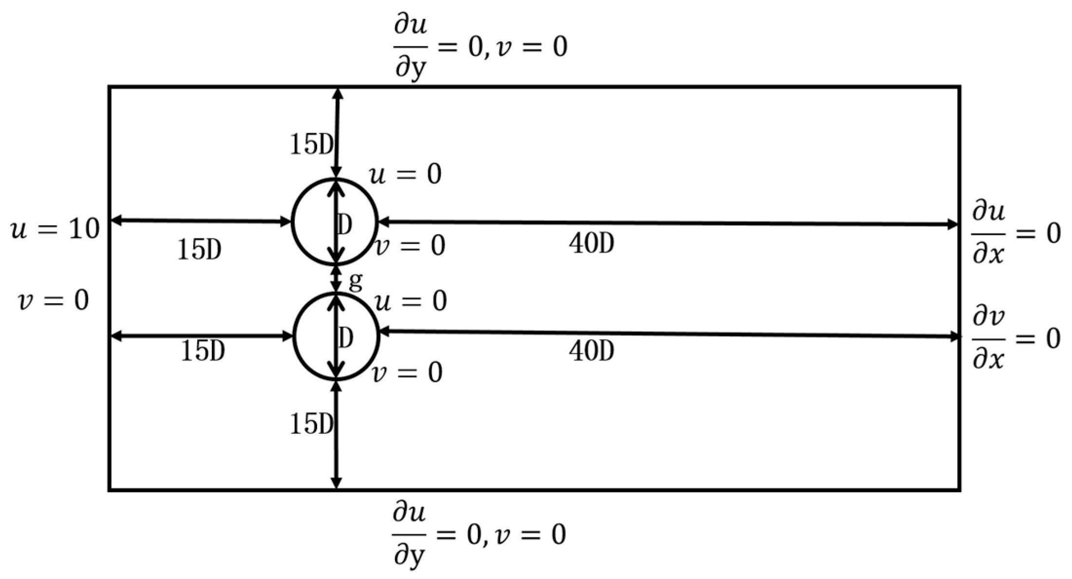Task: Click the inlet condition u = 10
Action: tap(55, 228)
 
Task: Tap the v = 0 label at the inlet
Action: tap(54, 300)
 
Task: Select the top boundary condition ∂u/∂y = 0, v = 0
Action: tap(480, 48)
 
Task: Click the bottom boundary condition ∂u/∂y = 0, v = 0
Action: tap(479, 535)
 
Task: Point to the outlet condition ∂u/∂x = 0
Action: tap(1016, 234)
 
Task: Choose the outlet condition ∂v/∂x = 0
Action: tap(1016, 338)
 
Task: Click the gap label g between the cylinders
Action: tap(356, 281)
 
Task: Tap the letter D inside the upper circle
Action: tap(345, 224)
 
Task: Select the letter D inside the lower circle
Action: tap(345, 337)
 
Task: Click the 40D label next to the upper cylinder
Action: tap(591, 243)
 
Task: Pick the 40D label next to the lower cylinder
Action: tap(591, 350)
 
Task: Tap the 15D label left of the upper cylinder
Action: tap(199, 250)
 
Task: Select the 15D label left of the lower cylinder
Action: tap(203, 351)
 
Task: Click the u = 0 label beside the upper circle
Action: tap(406, 174)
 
